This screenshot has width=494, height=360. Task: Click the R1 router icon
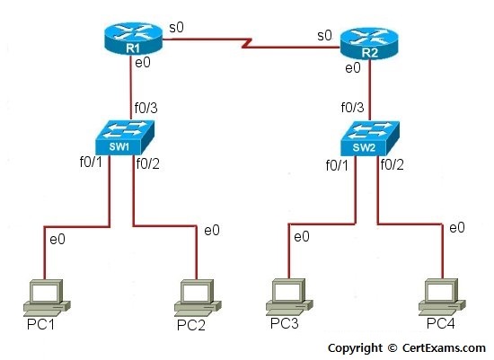(x=133, y=39)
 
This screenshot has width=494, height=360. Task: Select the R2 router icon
(x=369, y=43)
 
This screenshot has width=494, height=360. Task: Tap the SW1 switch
(x=125, y=137)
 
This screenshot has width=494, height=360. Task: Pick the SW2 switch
(x=370, y=138)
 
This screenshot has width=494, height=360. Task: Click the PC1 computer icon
(x=47, y=298)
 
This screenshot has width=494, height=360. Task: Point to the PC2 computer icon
(x=198, y=298)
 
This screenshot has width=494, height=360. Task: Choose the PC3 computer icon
(x=289, y=297)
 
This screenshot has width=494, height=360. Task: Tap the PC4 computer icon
(x=442, y=297)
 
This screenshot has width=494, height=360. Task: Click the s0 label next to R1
(x=176, y=28)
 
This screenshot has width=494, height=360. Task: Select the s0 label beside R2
(x=324, y=36)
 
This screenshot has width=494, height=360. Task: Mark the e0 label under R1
(x=143, y=63)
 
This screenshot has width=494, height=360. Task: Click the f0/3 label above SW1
(x=146, y=108)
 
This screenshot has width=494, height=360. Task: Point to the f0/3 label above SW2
(x=353, y=108)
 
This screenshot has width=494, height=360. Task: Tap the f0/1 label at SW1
(x=91, y=162)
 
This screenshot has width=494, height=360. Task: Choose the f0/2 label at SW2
(x=392, y=164)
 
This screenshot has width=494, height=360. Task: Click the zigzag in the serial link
(x=247, y=43)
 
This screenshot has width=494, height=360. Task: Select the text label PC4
(x=441, y=323)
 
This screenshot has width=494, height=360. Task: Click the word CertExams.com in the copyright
(x=444, y=347)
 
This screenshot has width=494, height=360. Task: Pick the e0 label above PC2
(x=212, y=230)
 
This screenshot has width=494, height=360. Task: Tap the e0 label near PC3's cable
(x=302, y=236)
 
